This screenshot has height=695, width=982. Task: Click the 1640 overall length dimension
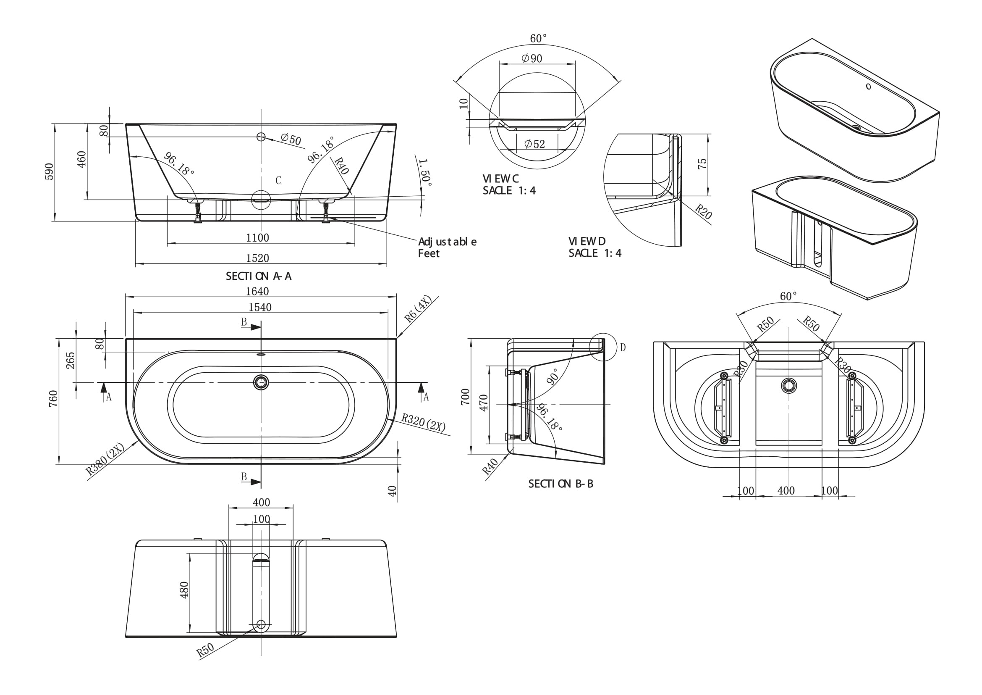pyautogui.click(x=257, y=292)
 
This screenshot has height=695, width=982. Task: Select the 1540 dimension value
pyautogui.click(x=260, y=307)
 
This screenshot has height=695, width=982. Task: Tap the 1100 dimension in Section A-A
pyautogui.click(x=257, y=237)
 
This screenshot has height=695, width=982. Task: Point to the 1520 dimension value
pyautogui.click(x=257, y=258)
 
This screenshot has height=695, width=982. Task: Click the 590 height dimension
pyautogui.click(x=49, y=171)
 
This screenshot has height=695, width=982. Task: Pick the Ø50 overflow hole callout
pyautogui.click(x=291, y=139)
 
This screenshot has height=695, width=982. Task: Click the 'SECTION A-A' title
pyautogui.click(x=259, y=276)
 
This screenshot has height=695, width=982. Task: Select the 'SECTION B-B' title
pyautogui.click(x=561, y=484)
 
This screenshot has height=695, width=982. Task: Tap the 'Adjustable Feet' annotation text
pyautogui.click(x=447, y=247)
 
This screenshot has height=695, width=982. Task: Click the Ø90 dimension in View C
pyautogui.click(x=532, y=58)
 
